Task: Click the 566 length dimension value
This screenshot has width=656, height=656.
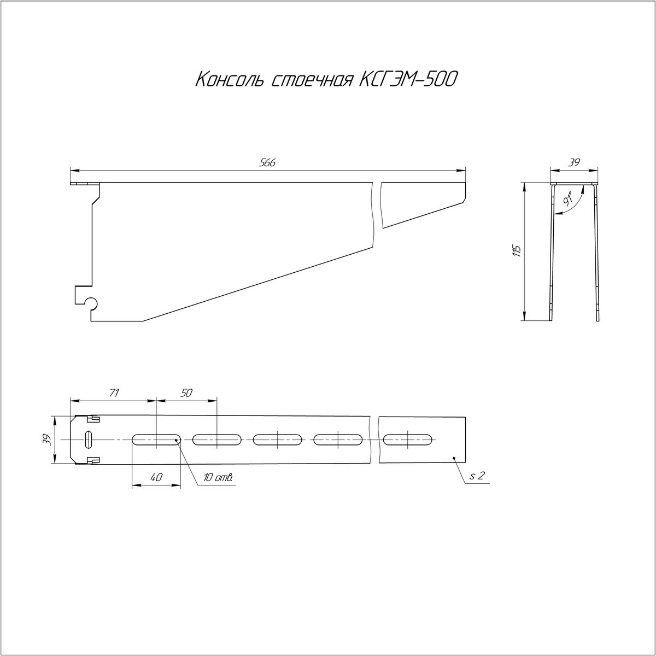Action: coord(267,163)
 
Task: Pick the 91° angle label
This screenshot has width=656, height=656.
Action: coord(568,200)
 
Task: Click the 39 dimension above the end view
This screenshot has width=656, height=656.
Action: coord(575,163)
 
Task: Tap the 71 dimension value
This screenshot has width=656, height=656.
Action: coord(114,393)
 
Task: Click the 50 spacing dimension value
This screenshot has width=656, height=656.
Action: coord(186,393)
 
